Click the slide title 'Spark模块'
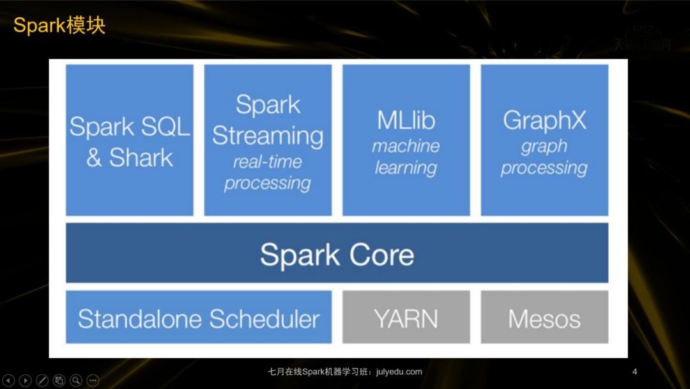click(x=59, y=26)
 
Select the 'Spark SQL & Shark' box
click(x=130, y=141)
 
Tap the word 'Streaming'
click(x=268, y=136)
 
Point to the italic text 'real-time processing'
click(x=268, y=173)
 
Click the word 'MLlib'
click(x=406, y=120)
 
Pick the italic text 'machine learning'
click(x=406, y=157)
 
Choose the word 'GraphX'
click(x=544, y=120)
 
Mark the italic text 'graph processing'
click(x=544, y=157)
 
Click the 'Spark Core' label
click(x=337, y=255)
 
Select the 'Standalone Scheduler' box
click(x=199, y=318)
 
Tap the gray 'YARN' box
click(x=406, y=318)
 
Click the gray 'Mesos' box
click(x=544, y=318)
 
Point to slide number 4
click(x=634, y=372)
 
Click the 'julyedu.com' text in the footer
click(x=399, y=372)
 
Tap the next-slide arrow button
click(x=26, y=381)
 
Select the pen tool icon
click(x=42, y=381)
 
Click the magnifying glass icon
click(x=76, y=381)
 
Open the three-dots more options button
click(x=93, y=381)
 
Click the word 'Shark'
click(x=141, y=157)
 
